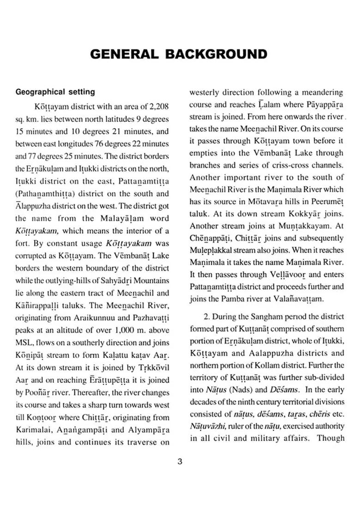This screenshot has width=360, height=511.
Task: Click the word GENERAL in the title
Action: (x=122, y=54)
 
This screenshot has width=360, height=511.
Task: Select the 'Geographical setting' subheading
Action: (x=55, y=92)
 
